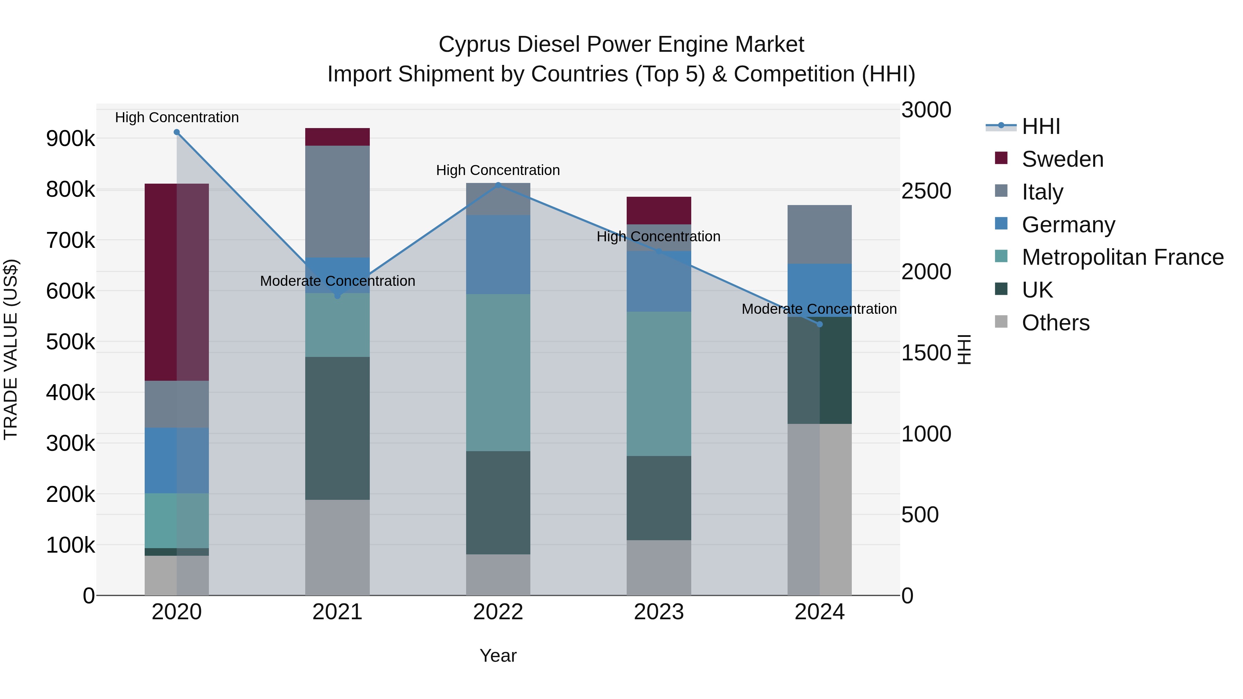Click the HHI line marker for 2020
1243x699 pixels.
[x=176, y=132]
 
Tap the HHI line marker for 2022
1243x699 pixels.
[x=498, y=184]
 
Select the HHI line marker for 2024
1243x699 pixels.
[x=819, y=324]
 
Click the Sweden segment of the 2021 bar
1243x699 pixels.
[x=337, y=137]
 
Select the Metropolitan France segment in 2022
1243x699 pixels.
[x=498, y=372]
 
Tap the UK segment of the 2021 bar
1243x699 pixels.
[x=337, y=428]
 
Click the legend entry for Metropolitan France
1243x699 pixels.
[x=1122, y=257]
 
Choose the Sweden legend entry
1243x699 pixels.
[x=1062, y=159]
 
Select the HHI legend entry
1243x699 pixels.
[x=1040, y=126]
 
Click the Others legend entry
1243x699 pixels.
[x=1055, y=323]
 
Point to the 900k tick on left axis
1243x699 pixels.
[x=70, y=139]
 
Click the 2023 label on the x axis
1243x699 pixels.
[x=659, y=612]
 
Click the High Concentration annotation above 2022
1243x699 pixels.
[x=498, y=170]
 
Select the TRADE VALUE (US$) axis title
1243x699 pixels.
[x=11, y=349]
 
